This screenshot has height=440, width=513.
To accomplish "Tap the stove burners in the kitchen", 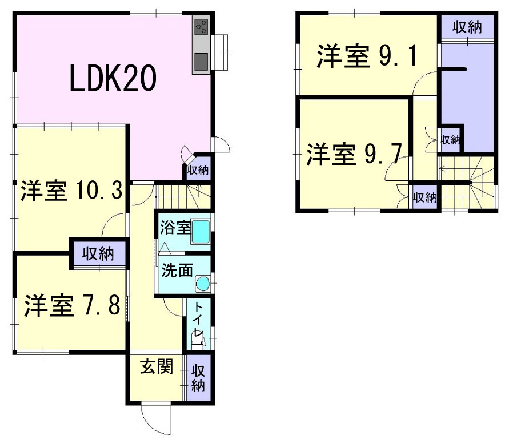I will (202, 26).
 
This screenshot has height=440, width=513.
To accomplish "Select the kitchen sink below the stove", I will (202, 60).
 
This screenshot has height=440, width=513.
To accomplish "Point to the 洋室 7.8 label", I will (71, 306).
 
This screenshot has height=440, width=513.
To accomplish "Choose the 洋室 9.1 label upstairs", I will (367, 56).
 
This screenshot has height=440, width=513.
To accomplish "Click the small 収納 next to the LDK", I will (198, 170).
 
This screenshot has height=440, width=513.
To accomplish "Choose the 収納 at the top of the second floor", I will (466, 27).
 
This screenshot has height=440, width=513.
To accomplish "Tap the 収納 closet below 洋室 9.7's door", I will (424, 197).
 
